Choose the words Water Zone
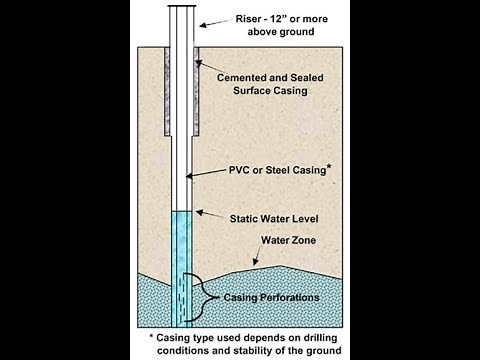290,241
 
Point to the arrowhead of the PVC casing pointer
194,176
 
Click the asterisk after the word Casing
328,166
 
